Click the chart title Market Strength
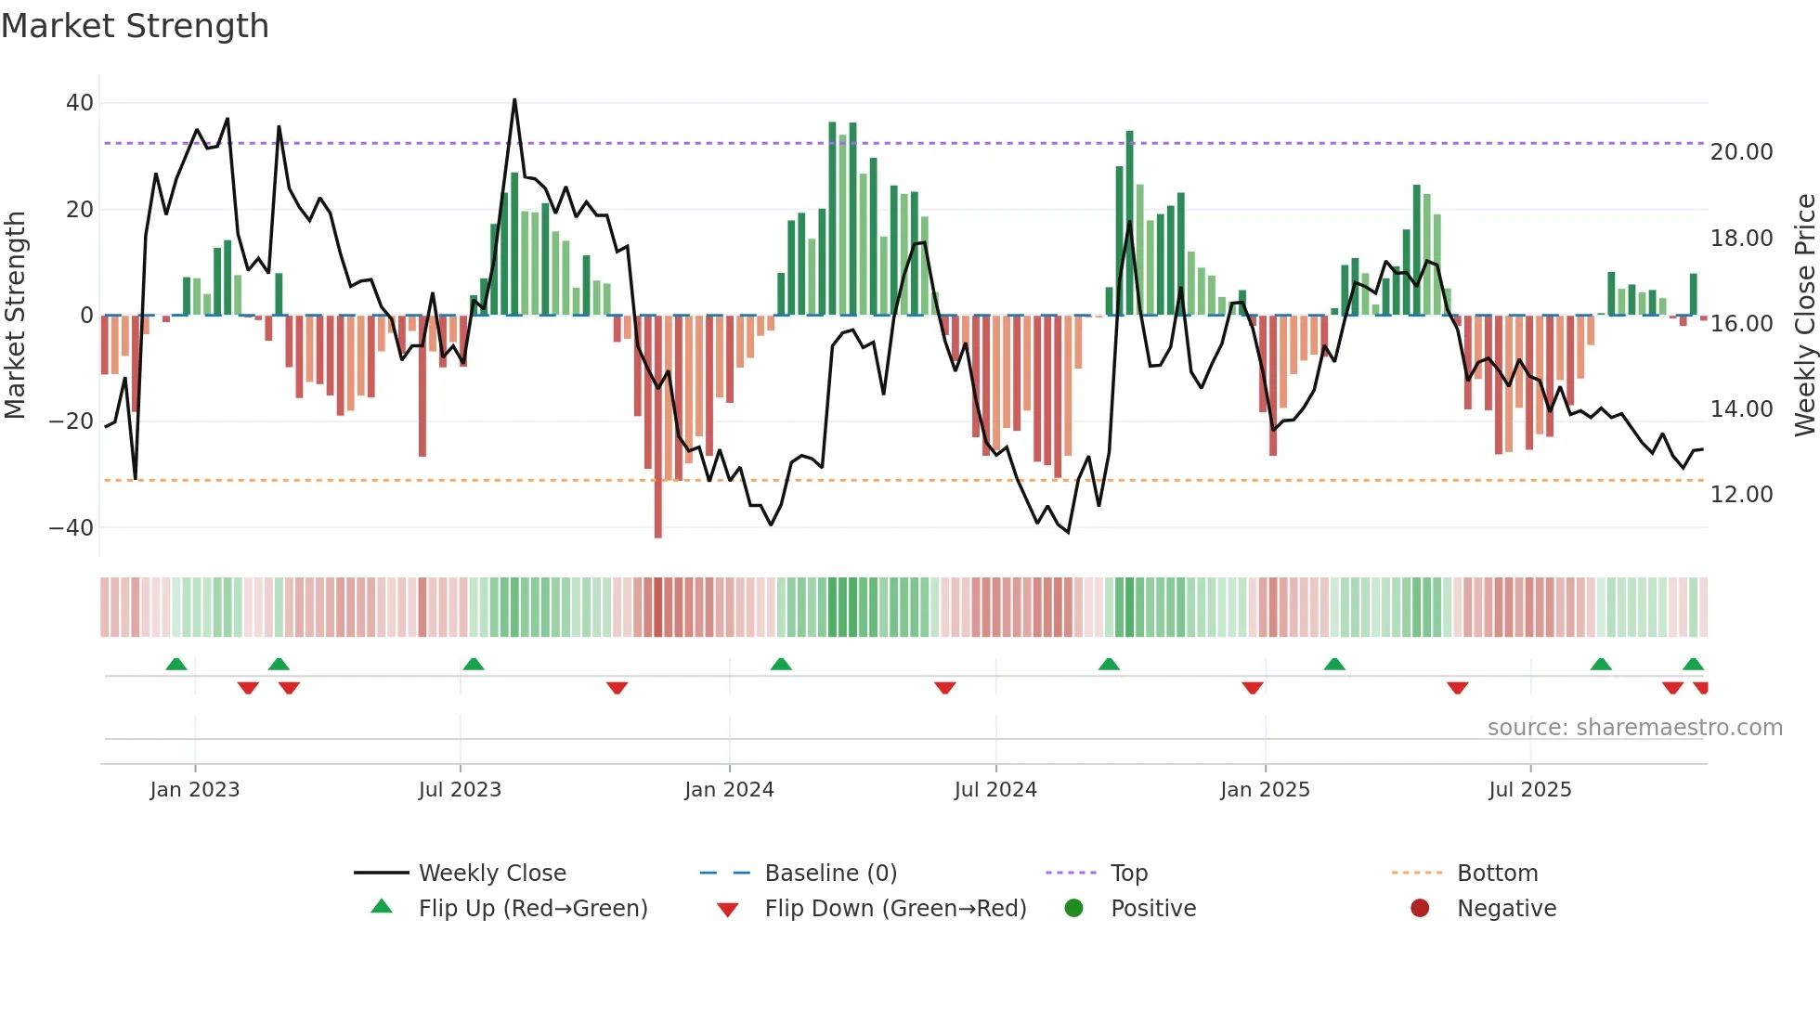point(135,26)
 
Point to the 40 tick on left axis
point(80,103)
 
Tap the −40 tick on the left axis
point(71,528)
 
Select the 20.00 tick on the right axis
point(1741,152)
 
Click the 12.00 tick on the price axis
point(1741,495)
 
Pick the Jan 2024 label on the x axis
point(729,790)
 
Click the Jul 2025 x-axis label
point(1529,790)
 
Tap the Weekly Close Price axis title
point(1804,315)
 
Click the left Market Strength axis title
point(15,315)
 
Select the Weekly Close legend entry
point(491,874)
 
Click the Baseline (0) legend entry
point(830,874)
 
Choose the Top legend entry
point(1128,874)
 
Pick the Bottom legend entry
point(1497,874)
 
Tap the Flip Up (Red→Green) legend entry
point(532,909)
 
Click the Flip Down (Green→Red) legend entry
point(895,909)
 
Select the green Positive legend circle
point(1074,909)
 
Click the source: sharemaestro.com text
point(1634,728)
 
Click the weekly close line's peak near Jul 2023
point(514,100)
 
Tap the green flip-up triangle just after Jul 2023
point(474,665)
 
